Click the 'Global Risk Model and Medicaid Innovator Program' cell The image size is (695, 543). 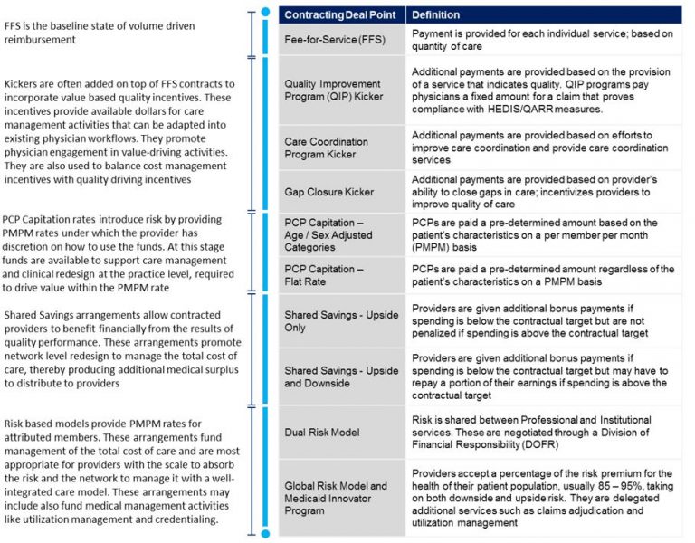336,499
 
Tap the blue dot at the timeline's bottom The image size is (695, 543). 264,534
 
